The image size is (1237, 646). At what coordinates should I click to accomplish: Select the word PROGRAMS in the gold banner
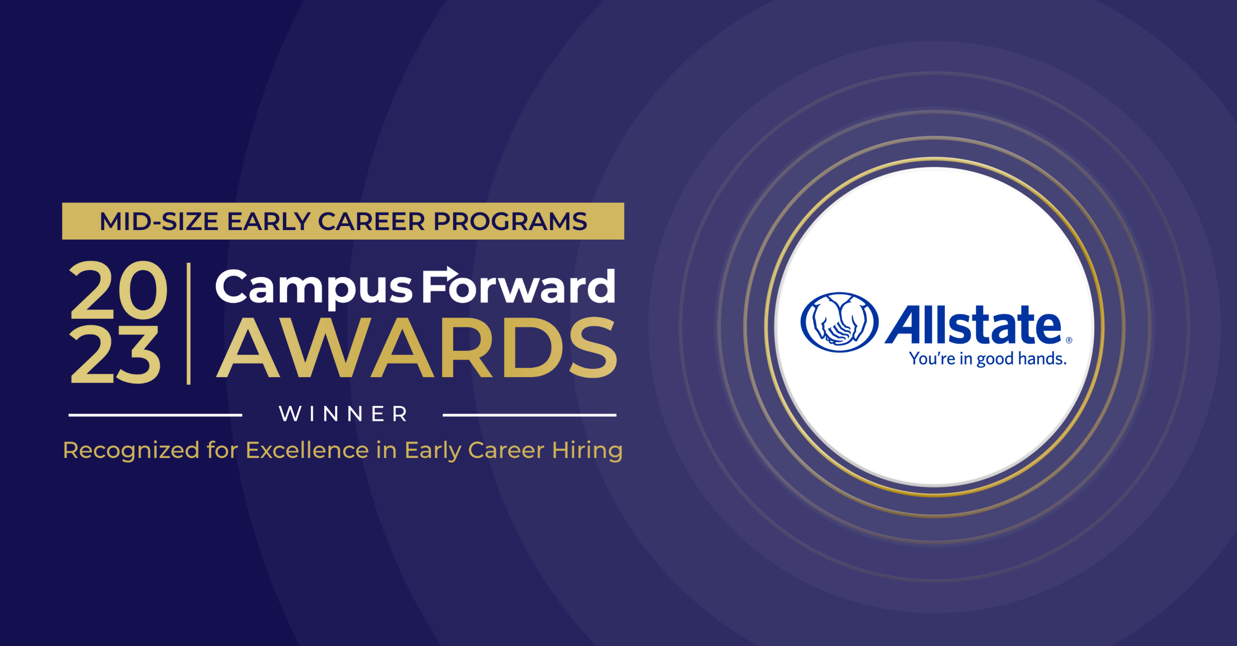point(510,222)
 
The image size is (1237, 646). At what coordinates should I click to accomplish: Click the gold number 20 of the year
point(119,290)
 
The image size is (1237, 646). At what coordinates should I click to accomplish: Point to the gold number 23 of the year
point(115,354)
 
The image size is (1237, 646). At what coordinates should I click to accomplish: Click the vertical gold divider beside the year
point(189,324)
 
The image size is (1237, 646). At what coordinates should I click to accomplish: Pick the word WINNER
point(343,414)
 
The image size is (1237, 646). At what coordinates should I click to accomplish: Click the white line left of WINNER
point(155,415)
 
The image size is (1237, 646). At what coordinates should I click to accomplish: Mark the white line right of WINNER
point(529,415)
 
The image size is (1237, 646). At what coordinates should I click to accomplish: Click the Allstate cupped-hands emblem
point(840,322)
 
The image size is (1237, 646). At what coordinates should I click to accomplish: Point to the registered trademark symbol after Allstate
point(1069,340)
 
